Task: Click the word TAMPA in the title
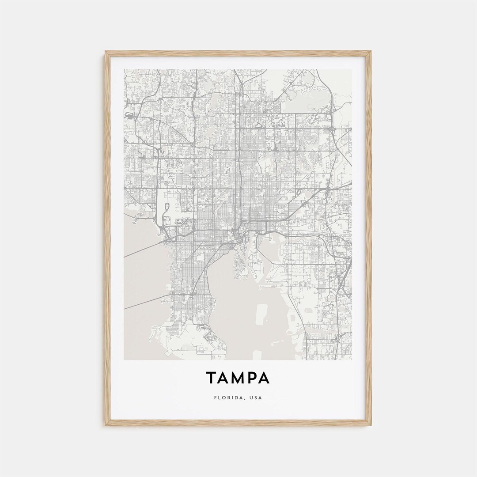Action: [238, 378]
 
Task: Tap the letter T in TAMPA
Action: [211, 378]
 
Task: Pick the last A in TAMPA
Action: [264, 378]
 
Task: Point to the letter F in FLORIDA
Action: [215, 397]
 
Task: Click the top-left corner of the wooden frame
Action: [106, 52]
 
